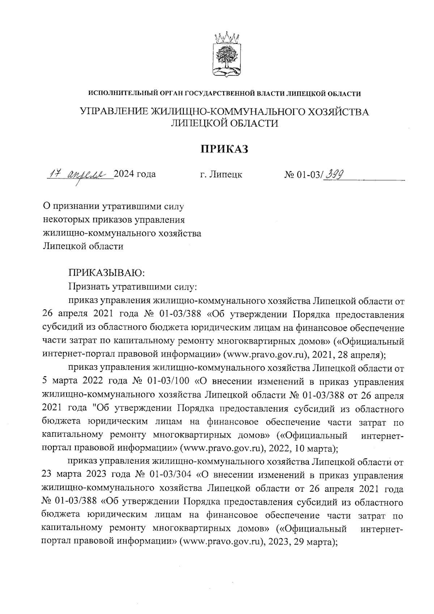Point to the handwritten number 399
tap(334, 175)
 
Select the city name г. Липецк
tap(221, 175)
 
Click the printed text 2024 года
tap(135, 174)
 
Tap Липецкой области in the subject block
tap(83, 247)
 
